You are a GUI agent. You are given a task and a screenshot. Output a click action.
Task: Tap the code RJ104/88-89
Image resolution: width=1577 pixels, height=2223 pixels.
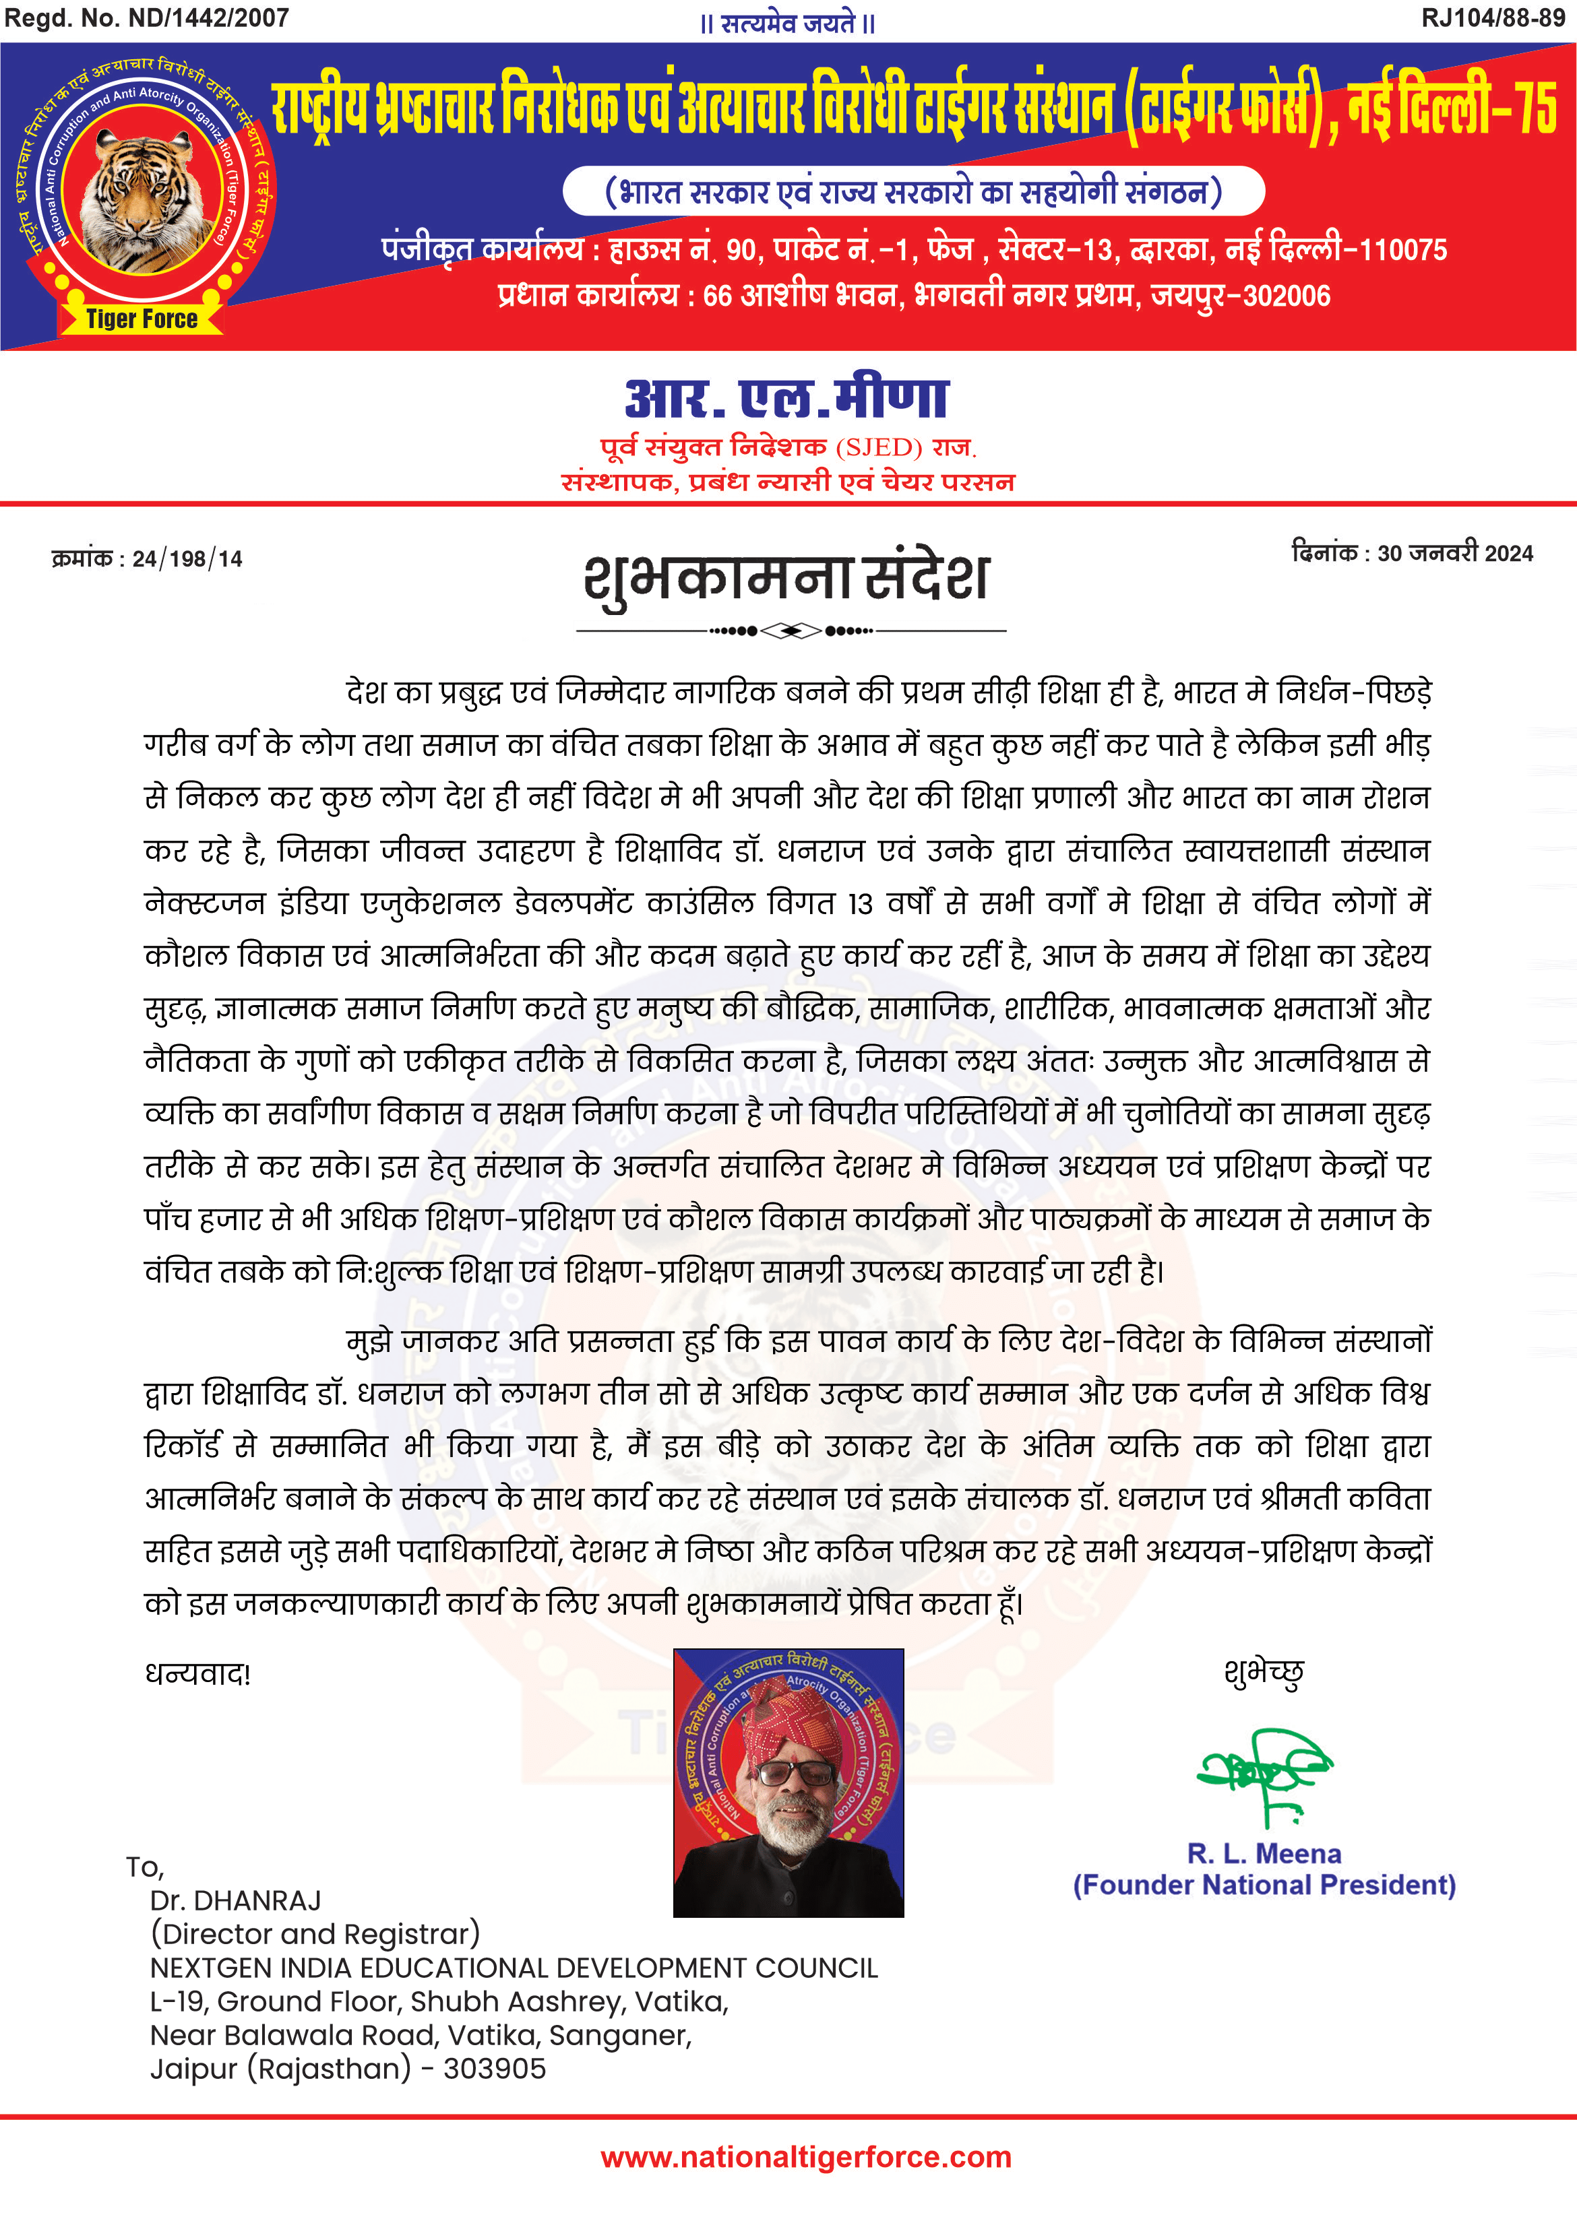click(1493, 18)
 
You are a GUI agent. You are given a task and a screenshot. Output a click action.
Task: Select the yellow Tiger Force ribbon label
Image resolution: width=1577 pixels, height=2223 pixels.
click(142, 319)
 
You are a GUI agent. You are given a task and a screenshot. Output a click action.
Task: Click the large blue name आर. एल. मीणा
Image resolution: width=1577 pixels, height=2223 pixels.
click(786, 398)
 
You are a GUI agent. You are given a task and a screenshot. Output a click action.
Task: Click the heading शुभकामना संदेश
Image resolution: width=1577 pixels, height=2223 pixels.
click(786, 579)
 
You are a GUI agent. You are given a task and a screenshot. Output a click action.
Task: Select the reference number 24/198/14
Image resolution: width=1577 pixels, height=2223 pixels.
click(187, 559)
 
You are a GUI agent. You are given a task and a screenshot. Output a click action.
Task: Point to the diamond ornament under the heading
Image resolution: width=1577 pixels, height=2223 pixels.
click(791, 631)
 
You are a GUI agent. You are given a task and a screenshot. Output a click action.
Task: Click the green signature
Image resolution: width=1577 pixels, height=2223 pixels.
click(1262, 1774)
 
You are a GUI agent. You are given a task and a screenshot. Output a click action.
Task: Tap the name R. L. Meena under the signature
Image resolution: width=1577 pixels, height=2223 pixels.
click(1264, 1853)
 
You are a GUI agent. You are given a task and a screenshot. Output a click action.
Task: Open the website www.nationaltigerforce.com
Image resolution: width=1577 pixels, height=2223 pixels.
click(806, 2157)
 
